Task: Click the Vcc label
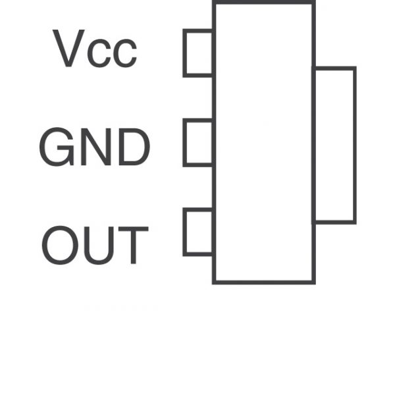point(95,49)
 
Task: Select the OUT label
point(95,245)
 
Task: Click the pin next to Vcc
point(198,53)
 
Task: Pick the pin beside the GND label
point(198,142)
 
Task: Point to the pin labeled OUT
point(198,232)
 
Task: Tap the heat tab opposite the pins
point(335,145)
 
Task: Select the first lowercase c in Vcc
point(101,54)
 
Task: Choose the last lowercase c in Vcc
point(125,54)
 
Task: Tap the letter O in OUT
point(60,245)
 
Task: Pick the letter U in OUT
point(99,246)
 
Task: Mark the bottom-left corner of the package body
point(214,282)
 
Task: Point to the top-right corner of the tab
point(355,68)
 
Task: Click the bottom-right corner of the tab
point(355,222)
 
